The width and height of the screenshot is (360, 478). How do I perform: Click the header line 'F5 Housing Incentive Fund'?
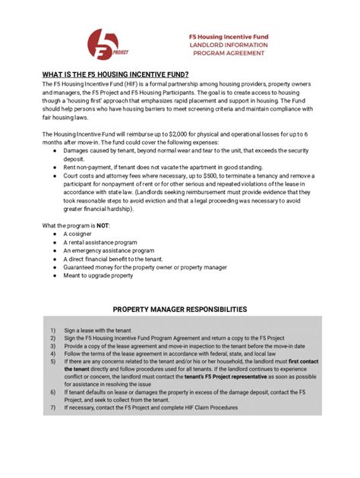pyautogui.click(x=228, y=36)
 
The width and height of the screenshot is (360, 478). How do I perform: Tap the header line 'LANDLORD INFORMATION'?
pyautogui.click(x=228, y=45)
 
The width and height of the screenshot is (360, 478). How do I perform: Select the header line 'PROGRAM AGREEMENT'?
pyautogui.click(x=228, y=54)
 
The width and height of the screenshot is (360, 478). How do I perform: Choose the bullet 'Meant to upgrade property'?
pyautogui.click(x=98, y=275)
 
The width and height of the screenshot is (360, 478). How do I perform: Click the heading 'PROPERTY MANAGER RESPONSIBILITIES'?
pyautogui.click(x=179, y=310)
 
